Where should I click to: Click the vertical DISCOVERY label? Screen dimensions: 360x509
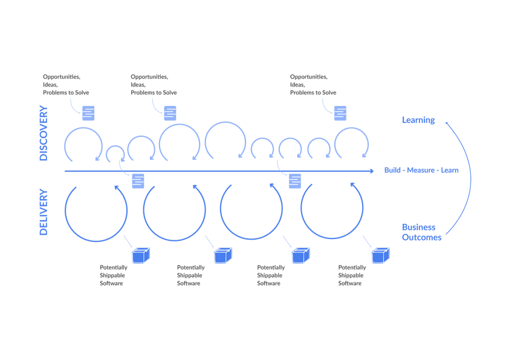[x=44, y=134]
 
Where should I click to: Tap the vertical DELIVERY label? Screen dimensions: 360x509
[x=44, y=212]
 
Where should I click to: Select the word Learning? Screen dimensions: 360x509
[x=418, y=120]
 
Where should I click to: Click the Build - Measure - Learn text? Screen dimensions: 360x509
[x=421, y=170]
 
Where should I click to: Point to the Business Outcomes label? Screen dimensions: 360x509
[x=421, y=232]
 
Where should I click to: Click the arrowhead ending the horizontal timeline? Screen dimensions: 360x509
[x=371, y=171]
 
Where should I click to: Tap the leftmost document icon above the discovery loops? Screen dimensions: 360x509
[x=89, y=113]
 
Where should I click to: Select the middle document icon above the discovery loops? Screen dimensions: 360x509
[x=170, y=113]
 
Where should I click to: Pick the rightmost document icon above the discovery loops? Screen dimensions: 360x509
[x=340, y=113]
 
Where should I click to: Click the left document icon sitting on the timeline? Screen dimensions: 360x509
[x=138, y=180]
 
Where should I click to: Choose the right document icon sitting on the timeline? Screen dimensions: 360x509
[x=295, y=180]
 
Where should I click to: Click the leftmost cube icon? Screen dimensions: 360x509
[x=141, y=255]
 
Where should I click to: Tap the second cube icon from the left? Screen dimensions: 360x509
[x=222, y=255]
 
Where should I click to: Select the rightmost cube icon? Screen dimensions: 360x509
[x=380, y=255]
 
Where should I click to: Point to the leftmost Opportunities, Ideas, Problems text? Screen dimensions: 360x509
[x=66, y=85]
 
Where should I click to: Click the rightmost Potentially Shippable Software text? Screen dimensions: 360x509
[x=352, y=275]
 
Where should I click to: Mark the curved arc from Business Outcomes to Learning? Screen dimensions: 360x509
[x=470, y=175]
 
